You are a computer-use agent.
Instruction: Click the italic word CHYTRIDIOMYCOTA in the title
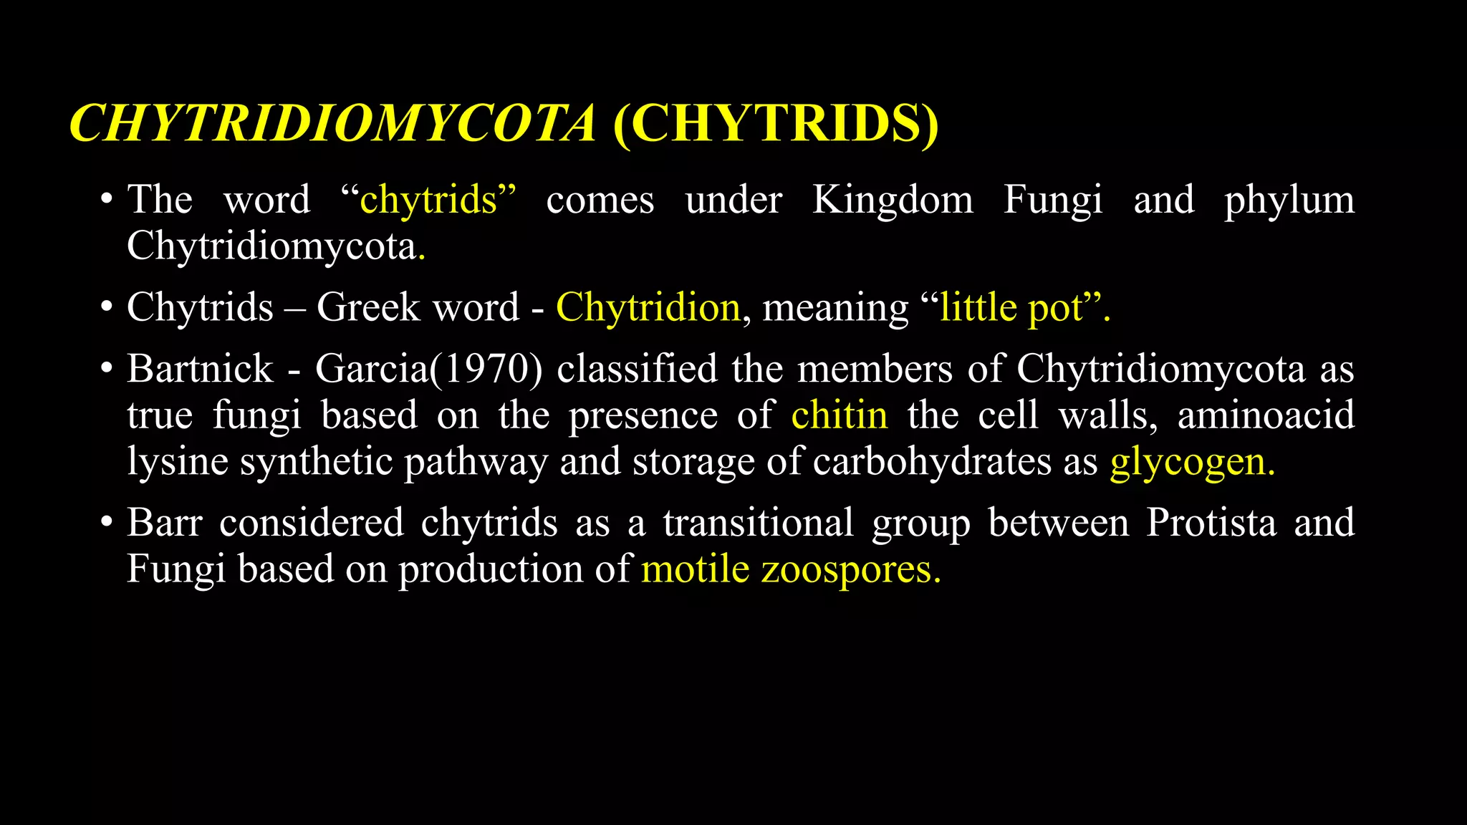pyautogui.click(x=332, y=123)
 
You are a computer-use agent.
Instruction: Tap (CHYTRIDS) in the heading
pyautogui.click(x=776, y=123)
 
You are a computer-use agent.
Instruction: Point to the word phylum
pyautogui.click(x=1289, y=201)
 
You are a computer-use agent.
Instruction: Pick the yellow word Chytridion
pyautogui.click(x=648, y=307)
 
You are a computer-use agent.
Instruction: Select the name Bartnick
pyautogui.click(x=200, y=369)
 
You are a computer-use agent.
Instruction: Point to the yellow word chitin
pyautogui.click(x=839, y=415)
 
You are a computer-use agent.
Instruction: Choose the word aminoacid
pyautogui.click(x=1266, y=415)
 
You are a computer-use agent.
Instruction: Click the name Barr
pyautogui.click(x=165, y=522)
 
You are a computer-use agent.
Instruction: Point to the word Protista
pyautogui.click(x=1211, y=522)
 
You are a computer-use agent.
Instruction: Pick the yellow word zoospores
pyautogui.click(x=846, y=570)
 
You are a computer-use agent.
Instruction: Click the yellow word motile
pyautogui.click(x=695, y=569)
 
